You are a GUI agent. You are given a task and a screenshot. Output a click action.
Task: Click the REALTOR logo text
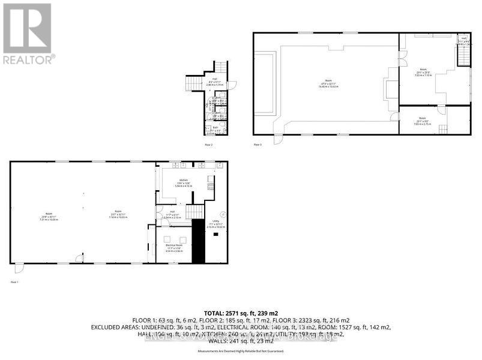click(29, 59)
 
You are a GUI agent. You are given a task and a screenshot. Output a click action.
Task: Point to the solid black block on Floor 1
click(198, 241)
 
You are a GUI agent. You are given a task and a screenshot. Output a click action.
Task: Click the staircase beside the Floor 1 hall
click(194, 212)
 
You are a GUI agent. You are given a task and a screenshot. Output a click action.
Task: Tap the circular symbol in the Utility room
click(222, 214)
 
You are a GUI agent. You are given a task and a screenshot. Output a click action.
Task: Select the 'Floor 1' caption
click(14, 281)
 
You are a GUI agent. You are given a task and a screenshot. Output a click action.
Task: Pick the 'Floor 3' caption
click(258, 145)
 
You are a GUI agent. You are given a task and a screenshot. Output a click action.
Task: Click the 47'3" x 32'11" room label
click(328, 85)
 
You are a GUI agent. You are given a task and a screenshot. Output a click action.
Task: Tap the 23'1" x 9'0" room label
click(422, 119)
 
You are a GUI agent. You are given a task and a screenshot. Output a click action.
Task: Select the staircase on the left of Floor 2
click(194, 83)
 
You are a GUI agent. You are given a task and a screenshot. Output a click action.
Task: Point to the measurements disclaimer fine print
click(240, 351)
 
